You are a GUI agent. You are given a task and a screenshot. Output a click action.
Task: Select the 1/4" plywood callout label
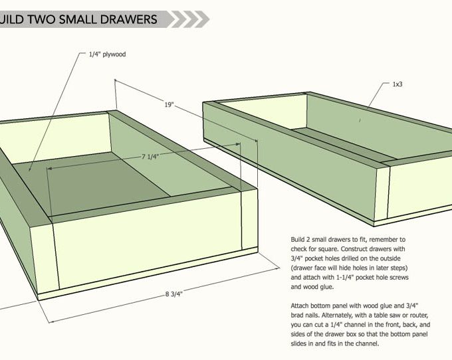[107, 54]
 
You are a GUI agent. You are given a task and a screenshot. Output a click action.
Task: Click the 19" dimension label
[169, 104]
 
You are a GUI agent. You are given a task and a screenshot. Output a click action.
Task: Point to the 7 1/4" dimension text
[150, 156]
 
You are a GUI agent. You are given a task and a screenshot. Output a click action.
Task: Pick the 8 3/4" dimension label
[174, 294]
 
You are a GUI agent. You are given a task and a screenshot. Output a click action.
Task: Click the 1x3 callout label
[397, 84]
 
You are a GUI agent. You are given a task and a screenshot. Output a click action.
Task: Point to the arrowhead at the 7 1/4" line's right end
[238, 144]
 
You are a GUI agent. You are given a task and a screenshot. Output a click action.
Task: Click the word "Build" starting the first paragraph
[297, 239]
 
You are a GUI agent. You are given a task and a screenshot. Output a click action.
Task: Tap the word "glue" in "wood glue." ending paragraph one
[326, 287]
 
